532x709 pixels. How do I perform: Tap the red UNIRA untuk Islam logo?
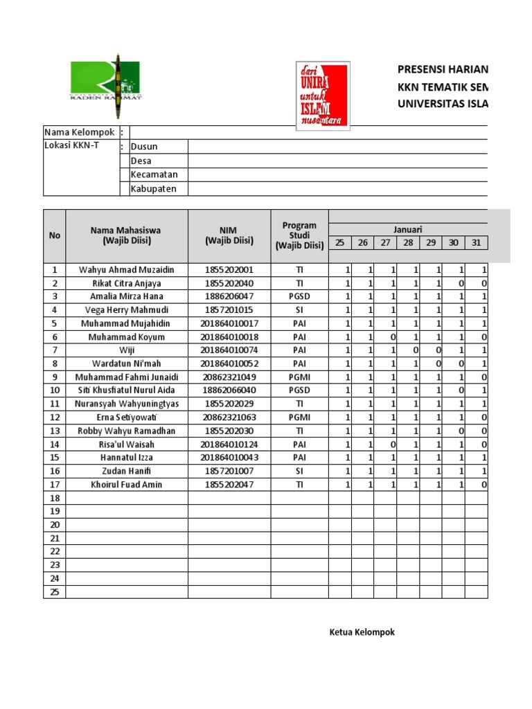tap(322, 96)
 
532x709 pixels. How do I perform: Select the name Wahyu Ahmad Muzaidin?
tap(127, 270)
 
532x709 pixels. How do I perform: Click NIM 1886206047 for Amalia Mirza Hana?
tap(229, 296)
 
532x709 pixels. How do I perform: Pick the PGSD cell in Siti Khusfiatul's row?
tap(299, 391)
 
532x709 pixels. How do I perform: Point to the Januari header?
tap(408, 230)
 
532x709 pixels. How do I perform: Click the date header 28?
tap(408, 242)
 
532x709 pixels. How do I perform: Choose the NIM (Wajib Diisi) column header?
tap(229, 235)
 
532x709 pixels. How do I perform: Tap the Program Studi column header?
tap(299, 235)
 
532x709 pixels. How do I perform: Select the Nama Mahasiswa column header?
tap(127, 235)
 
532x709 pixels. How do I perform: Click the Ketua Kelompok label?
tap(362, 632)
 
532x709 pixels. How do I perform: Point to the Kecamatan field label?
tap(154, 175)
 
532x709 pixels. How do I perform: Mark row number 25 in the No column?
tap(55, 592)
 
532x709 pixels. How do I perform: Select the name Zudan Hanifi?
tap(127, 471)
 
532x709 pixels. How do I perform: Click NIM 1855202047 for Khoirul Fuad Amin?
tap(229, 485)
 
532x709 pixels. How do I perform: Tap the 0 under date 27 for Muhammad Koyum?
tap(392, 337)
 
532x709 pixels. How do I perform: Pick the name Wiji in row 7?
tap(127, 350)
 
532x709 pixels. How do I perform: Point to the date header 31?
tap(476, 242)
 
